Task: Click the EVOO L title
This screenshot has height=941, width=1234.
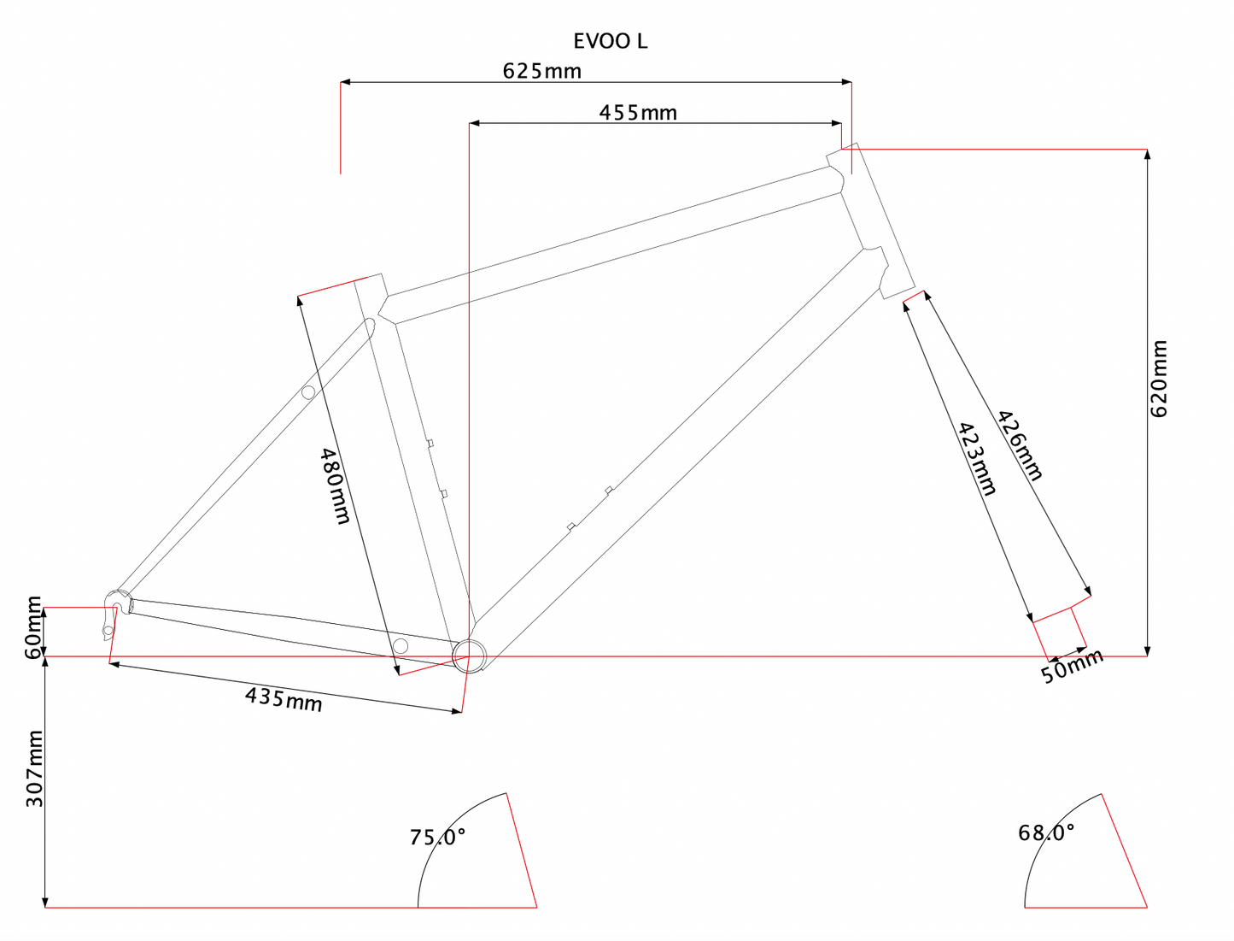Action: pyautogui.click(x=610, y=41)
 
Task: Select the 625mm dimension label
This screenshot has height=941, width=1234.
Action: pyautogui.click(x=541, y=71)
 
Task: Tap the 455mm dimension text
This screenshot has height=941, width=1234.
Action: pyautogui.click(x=637, y=112)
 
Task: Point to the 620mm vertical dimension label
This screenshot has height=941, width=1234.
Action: pyautogui.click(x=1159, y=378)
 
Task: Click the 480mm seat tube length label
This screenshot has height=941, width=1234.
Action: pyautogui.click(x=335, y=485)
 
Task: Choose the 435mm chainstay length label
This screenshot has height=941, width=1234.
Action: pyautogui.click(x=284, y=699)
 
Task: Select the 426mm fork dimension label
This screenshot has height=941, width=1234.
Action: pyautogui.click(x=1021, y=445)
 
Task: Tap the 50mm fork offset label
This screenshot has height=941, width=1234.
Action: pyautogui.click(x=1072, y=666)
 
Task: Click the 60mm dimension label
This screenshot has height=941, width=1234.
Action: pyautogui.click(x=33, y=627)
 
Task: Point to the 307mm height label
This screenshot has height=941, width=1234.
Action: pyautogui.click(x=33, y=768)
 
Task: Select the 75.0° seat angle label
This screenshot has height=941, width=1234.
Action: pyautogui.click(x=437, y=837)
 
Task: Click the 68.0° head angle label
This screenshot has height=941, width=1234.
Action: pyautogui.click(x=1046, y=832)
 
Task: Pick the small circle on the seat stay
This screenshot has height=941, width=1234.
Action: pyautogui.click(x=308, y=392)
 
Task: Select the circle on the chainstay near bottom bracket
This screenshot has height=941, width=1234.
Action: pyautogui.click(x=400, y=645)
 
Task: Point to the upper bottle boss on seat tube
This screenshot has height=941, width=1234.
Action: pyautogui.click(x=430, y=443)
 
